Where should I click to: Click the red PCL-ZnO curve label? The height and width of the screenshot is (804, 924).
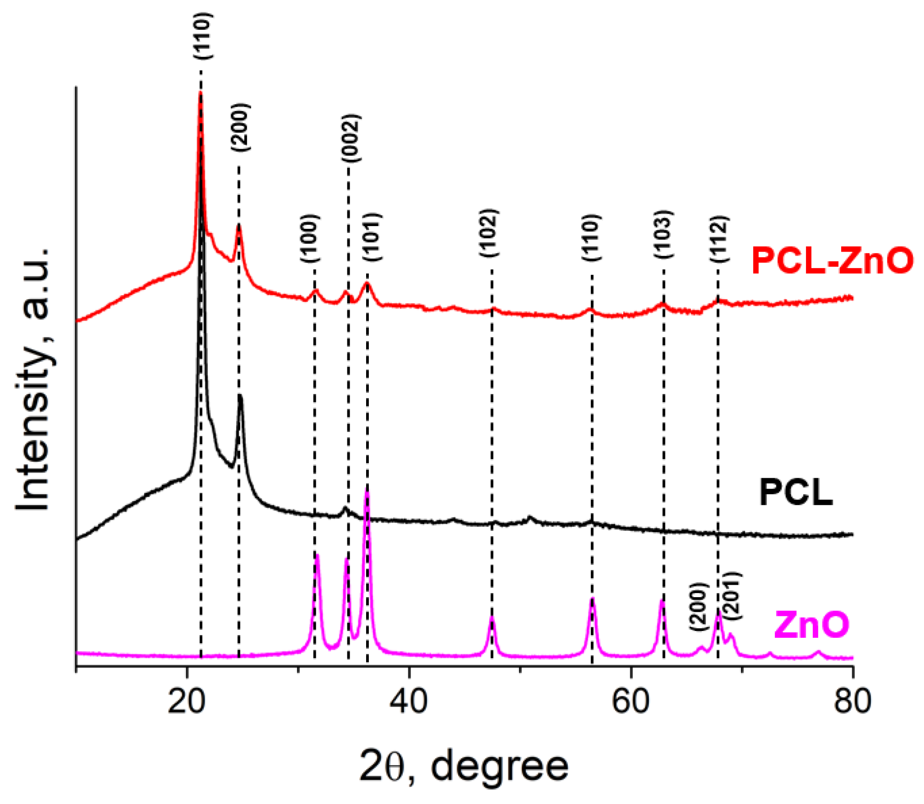coord(832,260)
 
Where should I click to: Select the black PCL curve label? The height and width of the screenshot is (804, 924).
coord(796,492)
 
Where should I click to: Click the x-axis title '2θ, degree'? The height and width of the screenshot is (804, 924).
coord(464,767)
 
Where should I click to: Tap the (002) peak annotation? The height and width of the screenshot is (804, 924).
coord(351,138)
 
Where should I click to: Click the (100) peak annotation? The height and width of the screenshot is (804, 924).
coord(309,238)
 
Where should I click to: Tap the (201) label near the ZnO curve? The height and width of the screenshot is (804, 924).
coord(733,596)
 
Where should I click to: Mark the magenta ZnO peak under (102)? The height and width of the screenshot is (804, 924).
coord(492,617)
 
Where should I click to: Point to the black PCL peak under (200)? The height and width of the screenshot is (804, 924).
coord(240,396)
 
